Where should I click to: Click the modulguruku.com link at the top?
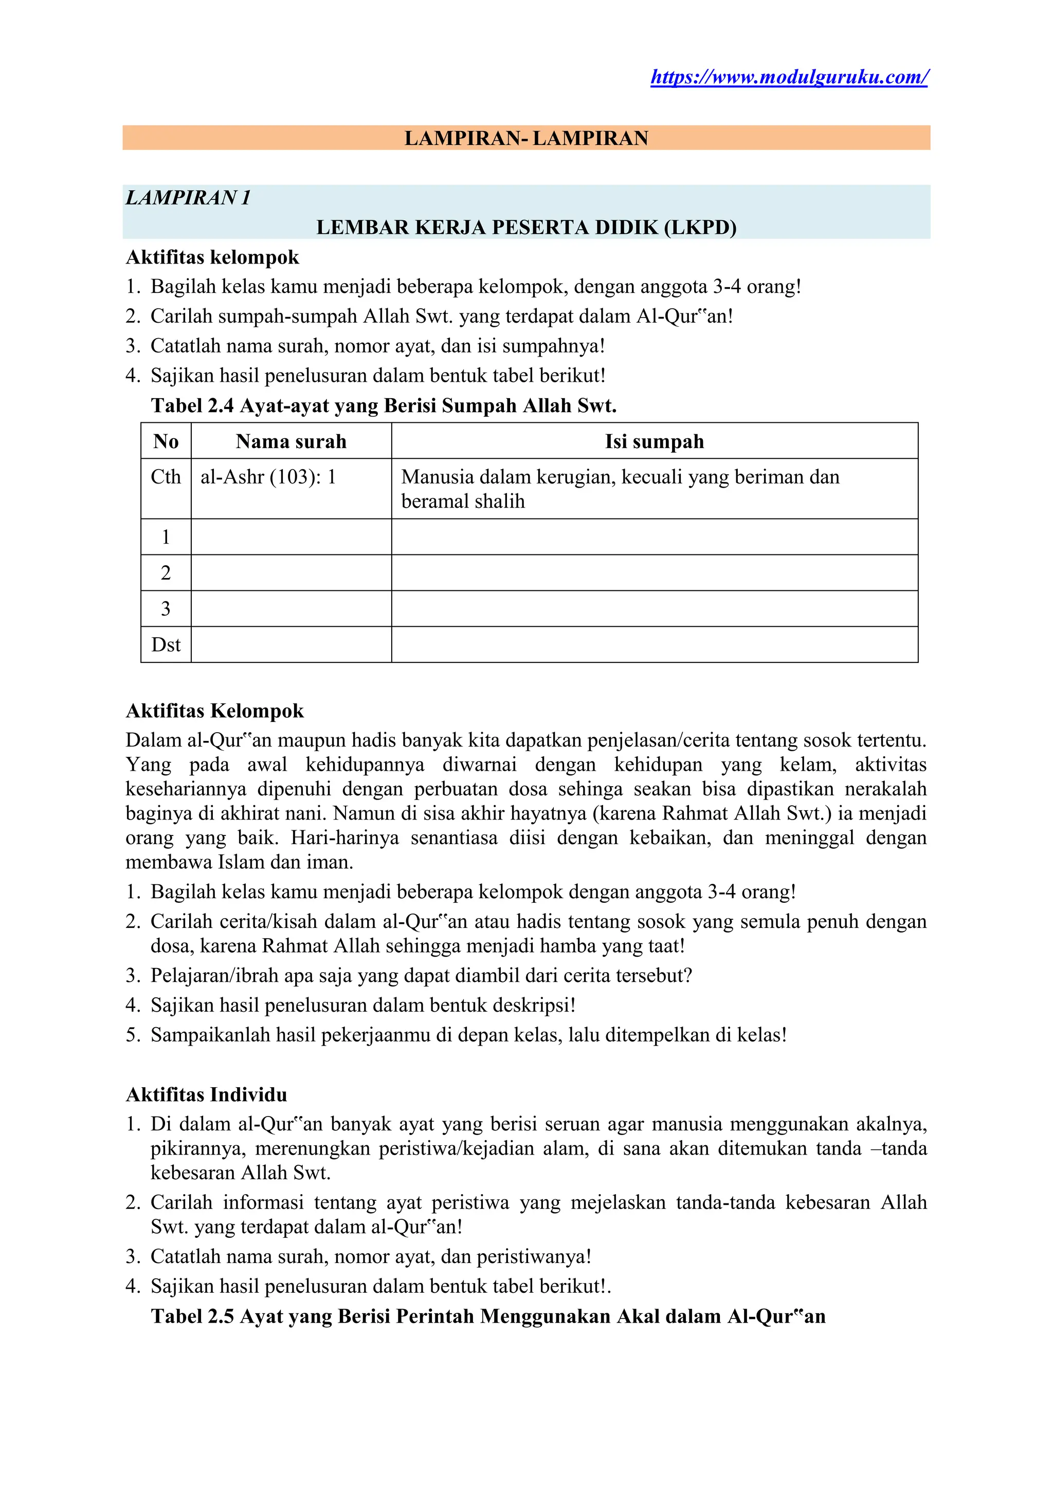(x=789, y=77)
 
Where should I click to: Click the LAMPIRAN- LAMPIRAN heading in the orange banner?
(x=526, y=138)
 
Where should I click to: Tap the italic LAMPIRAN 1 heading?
(x=188, y=198)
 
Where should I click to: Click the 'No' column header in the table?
(x=166, y=441)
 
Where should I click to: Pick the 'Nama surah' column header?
(x=291, y=441)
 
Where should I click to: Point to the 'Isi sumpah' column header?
(x=654, y=441)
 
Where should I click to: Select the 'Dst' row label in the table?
(x=166, y=645)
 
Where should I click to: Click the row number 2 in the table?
(x=166, y=573)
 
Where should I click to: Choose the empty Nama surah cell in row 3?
(x=291, y=608)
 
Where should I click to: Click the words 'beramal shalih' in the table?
(x=463, y=501)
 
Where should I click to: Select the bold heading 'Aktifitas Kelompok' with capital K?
(x=214, y=711)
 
